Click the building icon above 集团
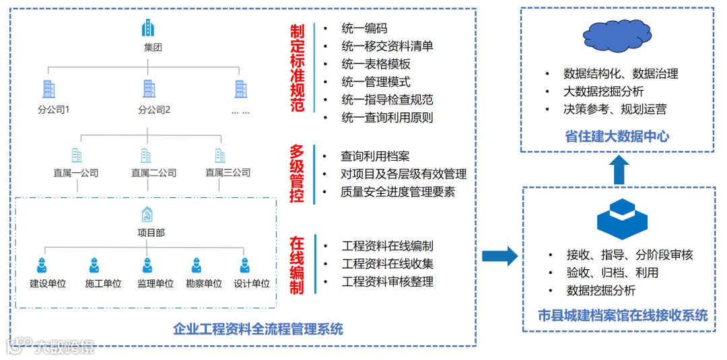(x=147, y=28)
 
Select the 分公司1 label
(x=54, y=109)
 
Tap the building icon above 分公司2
(x=149, y=88)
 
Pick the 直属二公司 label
(x=153, y=173)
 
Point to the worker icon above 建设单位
(x=42, y=265)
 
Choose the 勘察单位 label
(x=203, y=283)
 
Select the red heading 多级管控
(x=297, y=173)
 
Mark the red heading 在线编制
(x=297, y=264)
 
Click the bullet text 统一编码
(x=364, y=28)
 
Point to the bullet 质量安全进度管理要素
(x=398, y=192)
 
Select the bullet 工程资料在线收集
(x=387, y=264)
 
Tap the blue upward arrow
(x=619, y=170)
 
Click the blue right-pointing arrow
(x=499, y=256)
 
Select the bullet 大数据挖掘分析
(x=603, y=92)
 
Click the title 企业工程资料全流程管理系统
(x=258, y=329)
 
